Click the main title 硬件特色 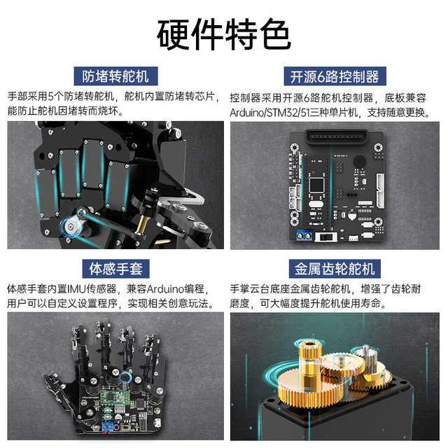223,33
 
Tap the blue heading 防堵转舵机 115,76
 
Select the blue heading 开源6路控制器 335,76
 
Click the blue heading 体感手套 115,268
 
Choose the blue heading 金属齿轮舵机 335,268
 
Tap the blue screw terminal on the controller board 305,234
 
